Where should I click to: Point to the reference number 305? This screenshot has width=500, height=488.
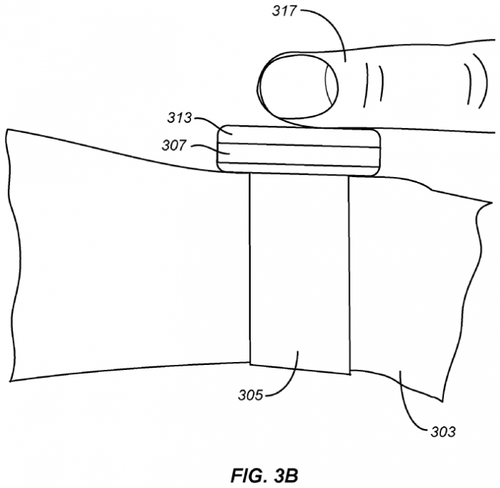pos(250,394)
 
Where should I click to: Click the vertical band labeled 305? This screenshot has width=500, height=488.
pos(299,274)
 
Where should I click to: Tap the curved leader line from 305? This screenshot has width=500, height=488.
pos(287,378)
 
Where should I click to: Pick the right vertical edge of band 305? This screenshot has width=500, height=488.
pos(349,274)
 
